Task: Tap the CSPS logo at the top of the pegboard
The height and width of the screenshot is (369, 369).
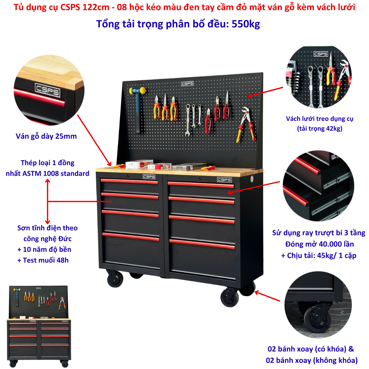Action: [187, 84]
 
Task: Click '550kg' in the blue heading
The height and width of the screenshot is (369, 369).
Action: [246, 24]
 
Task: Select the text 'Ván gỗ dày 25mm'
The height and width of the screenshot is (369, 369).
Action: [46, 136]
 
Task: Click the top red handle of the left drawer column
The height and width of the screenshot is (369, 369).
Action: [129, 181]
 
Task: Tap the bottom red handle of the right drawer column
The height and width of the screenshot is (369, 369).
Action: [202, 244]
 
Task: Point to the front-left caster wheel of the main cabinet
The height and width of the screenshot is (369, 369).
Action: [115, 279]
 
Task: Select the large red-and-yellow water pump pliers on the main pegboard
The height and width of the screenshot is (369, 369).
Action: [246, 125]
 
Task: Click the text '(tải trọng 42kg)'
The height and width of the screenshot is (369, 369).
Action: [319, 129]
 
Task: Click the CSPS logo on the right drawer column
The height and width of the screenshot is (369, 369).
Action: [224, 180]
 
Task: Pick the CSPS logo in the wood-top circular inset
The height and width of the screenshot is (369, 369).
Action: [47, 90]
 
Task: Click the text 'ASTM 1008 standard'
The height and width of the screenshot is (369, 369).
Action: [56, 173]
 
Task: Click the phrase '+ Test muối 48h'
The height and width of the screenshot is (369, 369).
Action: [43, 260]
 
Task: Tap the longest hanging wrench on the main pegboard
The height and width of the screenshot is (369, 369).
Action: [188, 120]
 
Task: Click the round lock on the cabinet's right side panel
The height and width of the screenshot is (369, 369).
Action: [252, 179]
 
